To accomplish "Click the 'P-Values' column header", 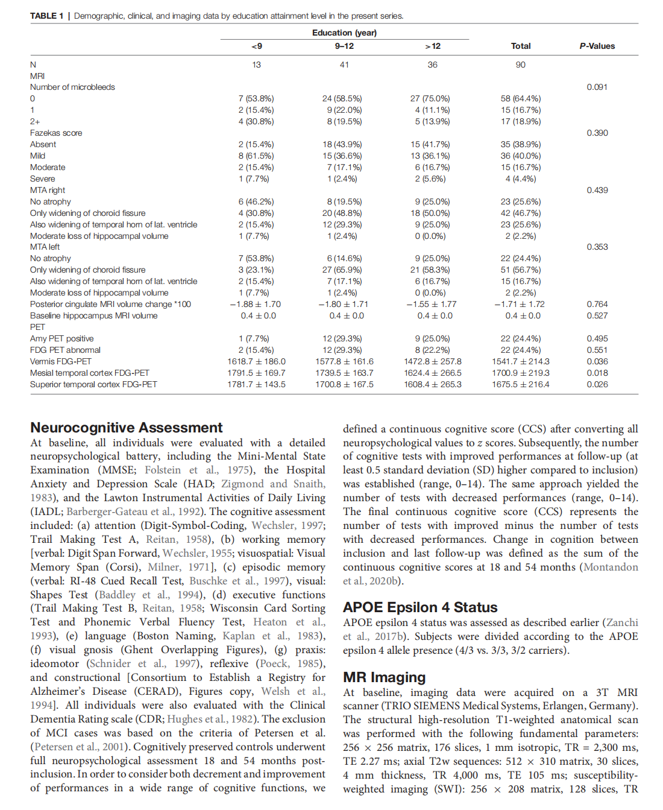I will click(x=597, y=46).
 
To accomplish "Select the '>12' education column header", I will click(x=432, y=46).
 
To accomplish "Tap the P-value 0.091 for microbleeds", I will click(x=597, y=87).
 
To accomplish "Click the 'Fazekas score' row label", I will click(x=56, y=133).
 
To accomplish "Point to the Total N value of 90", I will click(x=520, y=65).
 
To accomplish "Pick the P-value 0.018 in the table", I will click(x=597, y=373).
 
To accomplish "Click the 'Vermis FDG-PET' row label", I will click(x=61, y=361).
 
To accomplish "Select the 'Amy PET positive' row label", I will click(x=62, y=338).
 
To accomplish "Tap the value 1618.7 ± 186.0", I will click(x=256, y=361).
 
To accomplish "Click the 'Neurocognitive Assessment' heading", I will click(x=127, y=428).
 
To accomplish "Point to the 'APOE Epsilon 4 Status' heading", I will click(x=420, y=607).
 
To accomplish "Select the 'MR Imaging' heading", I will click(x=384, y=677).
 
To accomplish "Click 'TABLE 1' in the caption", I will click(x=46, y=16).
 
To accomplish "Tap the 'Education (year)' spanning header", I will click(x=344, y=33).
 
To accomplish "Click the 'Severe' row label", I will click(x=42, y=179).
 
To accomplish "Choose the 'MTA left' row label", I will click(x=45, y=247).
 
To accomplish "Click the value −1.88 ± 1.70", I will click(x=256, y=304).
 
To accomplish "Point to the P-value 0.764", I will click(x=597, y=304).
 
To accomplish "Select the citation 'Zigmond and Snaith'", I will click(x=273, y=484).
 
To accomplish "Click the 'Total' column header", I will click(x=520, y=46).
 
